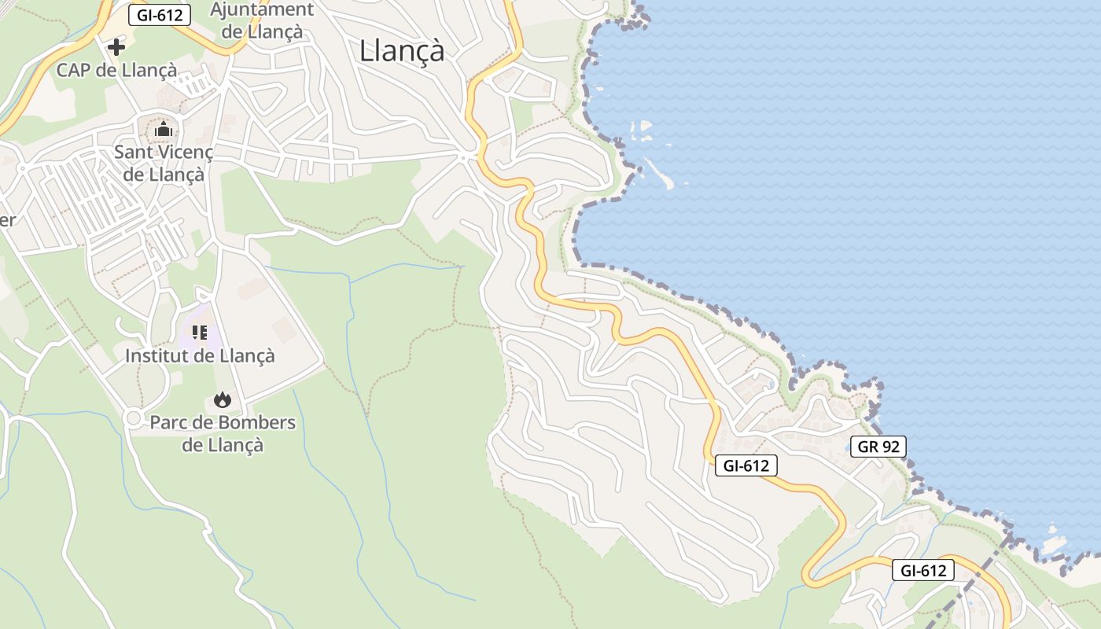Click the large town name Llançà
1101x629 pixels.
(x=402, y=51)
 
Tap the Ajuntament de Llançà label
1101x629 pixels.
(x=262, y=21)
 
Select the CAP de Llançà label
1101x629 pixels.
(x=116, y=70)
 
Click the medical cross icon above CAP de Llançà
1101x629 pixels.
(x=116, y=47)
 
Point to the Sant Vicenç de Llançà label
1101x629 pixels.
(x=164, y=162)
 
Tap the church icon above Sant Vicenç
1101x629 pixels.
(x=164, y=129)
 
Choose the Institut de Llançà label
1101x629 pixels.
(x=200, y=355)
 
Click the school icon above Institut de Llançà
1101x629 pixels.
(x=200, y=333)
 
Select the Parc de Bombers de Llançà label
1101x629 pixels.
(x=223, y=433)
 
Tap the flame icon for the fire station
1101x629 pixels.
(x=223, y=399)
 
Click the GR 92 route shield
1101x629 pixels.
(x=878, y=447)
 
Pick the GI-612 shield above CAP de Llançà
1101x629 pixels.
(x=160, y=14)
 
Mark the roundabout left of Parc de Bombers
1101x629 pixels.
(x=133, y=418)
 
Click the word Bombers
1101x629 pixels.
(x=257, y=422)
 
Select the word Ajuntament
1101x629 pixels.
(x=262, y=10)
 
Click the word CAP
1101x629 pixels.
(x=73, y=70)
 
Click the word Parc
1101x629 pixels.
(x=170, y=422)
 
